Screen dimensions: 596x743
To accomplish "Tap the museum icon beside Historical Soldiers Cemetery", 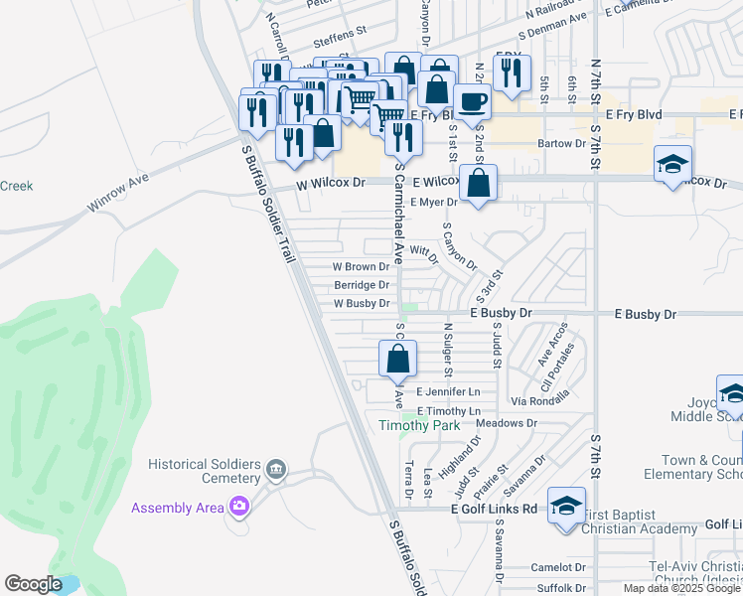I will tap(276, 468).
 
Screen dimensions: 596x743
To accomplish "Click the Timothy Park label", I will tap(419, 425).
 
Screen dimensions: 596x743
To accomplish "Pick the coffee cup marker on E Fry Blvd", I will tap(473, 100).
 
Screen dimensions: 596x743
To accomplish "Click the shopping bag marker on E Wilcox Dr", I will tap(479, 184).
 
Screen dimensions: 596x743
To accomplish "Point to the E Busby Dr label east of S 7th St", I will tap(645, 314).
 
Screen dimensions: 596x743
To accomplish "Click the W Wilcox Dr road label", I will tap(330, 184).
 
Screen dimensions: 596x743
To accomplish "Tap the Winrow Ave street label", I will tap(117, 192).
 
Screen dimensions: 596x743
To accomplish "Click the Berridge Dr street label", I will tap(362, 285).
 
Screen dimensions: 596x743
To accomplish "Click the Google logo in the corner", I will tap(34, 584).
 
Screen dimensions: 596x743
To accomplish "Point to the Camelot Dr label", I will tap(559, 567).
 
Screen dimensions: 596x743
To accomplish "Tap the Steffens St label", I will tap(340, 43).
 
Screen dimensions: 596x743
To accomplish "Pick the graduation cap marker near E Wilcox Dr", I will tap(672, 164).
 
